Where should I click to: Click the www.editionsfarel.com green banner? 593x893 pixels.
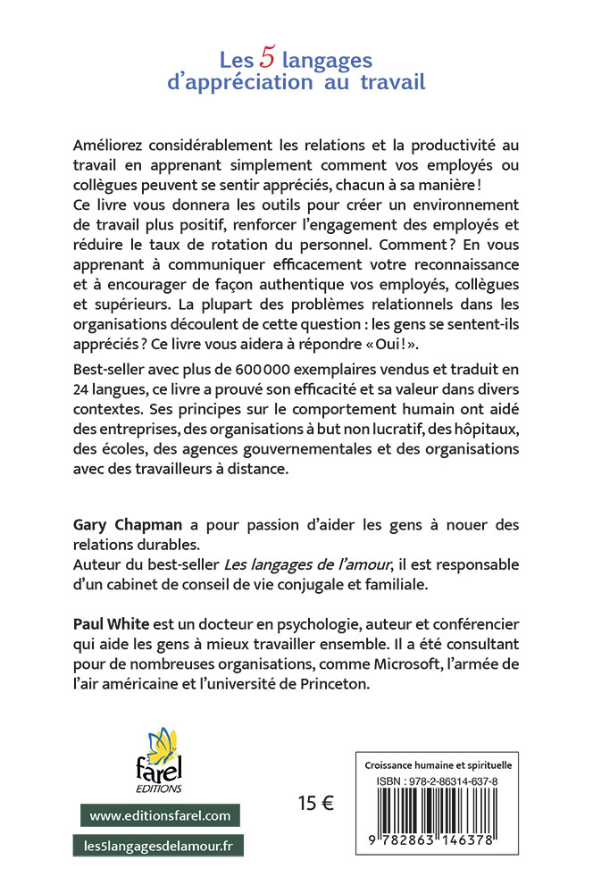coord(160,815)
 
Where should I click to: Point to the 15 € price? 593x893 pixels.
coord(316,803)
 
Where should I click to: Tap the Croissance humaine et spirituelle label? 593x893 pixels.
coord(438,765)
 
